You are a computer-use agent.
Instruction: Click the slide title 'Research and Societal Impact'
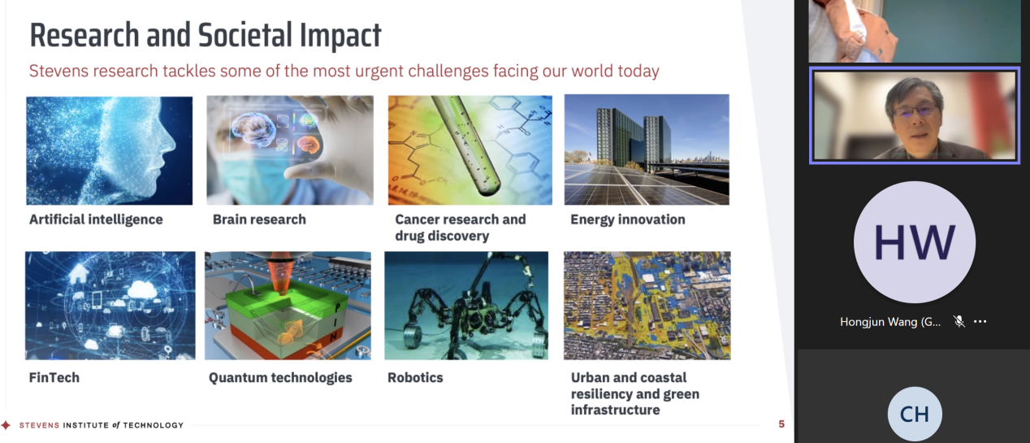206,35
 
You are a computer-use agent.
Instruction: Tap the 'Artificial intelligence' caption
96,219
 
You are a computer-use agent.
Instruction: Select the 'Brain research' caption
259,219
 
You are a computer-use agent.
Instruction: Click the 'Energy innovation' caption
628,219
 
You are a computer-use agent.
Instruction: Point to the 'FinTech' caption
54,378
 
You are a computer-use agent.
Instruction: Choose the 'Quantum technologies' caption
280,378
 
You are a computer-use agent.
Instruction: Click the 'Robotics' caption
415,378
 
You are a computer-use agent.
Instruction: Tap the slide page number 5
781,424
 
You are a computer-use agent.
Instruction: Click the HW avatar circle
914,242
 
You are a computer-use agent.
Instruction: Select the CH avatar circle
914,414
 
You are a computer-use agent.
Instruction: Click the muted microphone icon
959,321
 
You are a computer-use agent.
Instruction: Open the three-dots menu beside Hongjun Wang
980,322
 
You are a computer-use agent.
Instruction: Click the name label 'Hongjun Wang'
889,322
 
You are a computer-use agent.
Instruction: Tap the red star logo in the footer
6,424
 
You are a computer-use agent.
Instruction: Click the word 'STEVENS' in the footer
39,425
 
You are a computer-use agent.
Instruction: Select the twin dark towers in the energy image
634,137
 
